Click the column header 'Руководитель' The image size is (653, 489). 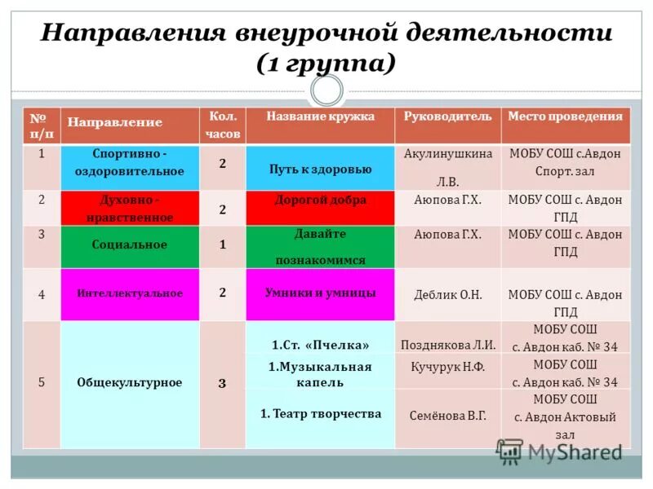(x=448, y=117)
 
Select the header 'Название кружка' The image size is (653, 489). (x=320, y=117)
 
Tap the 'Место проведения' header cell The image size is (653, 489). (x=565, y=117)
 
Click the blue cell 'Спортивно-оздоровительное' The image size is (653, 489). (x=131, y=163)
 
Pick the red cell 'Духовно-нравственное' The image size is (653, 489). (x=131, y=209)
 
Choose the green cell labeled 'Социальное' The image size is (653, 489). (x=131, y=245)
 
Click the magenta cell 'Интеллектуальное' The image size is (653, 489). (x=131, y=293)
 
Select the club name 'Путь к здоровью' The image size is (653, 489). (x=320, y=170)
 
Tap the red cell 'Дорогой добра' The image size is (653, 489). (x=320, y=200)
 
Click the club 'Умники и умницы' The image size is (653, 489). (x=320, y=293)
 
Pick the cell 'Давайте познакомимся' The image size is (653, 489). (x=320, y=247)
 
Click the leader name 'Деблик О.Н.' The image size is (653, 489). (x=447, y=295)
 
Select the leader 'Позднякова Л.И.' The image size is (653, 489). (x=448, y=344)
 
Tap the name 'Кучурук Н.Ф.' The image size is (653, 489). (x=448, y=368)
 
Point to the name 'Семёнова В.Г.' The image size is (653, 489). (x=448, y=415)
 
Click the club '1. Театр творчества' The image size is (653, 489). (x=320, y=414)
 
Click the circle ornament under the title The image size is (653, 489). (x=326, y=90)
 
